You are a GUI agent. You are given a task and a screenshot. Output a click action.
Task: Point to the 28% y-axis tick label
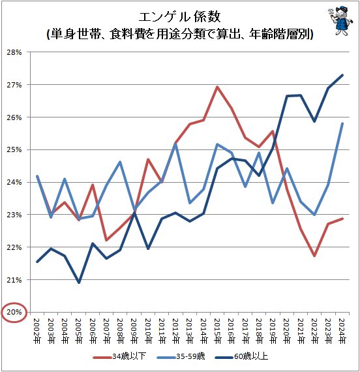[x=15, y=52]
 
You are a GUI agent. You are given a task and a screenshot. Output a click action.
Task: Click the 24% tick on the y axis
[x=15, y=182]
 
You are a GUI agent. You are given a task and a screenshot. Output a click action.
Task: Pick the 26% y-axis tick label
[x=15, y=117]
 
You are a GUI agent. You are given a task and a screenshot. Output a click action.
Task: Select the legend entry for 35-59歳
[x=188, y=357]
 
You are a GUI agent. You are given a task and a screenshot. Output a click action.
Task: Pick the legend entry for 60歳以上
[x=256, y=357]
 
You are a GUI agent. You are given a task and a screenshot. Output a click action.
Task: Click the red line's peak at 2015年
[x=217, y=87]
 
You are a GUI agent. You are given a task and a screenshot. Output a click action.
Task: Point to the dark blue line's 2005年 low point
[x=78, y=283]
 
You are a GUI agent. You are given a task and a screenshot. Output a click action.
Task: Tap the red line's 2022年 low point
[x=315, y=256]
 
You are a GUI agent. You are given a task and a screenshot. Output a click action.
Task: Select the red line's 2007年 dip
[x=106, y=240]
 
